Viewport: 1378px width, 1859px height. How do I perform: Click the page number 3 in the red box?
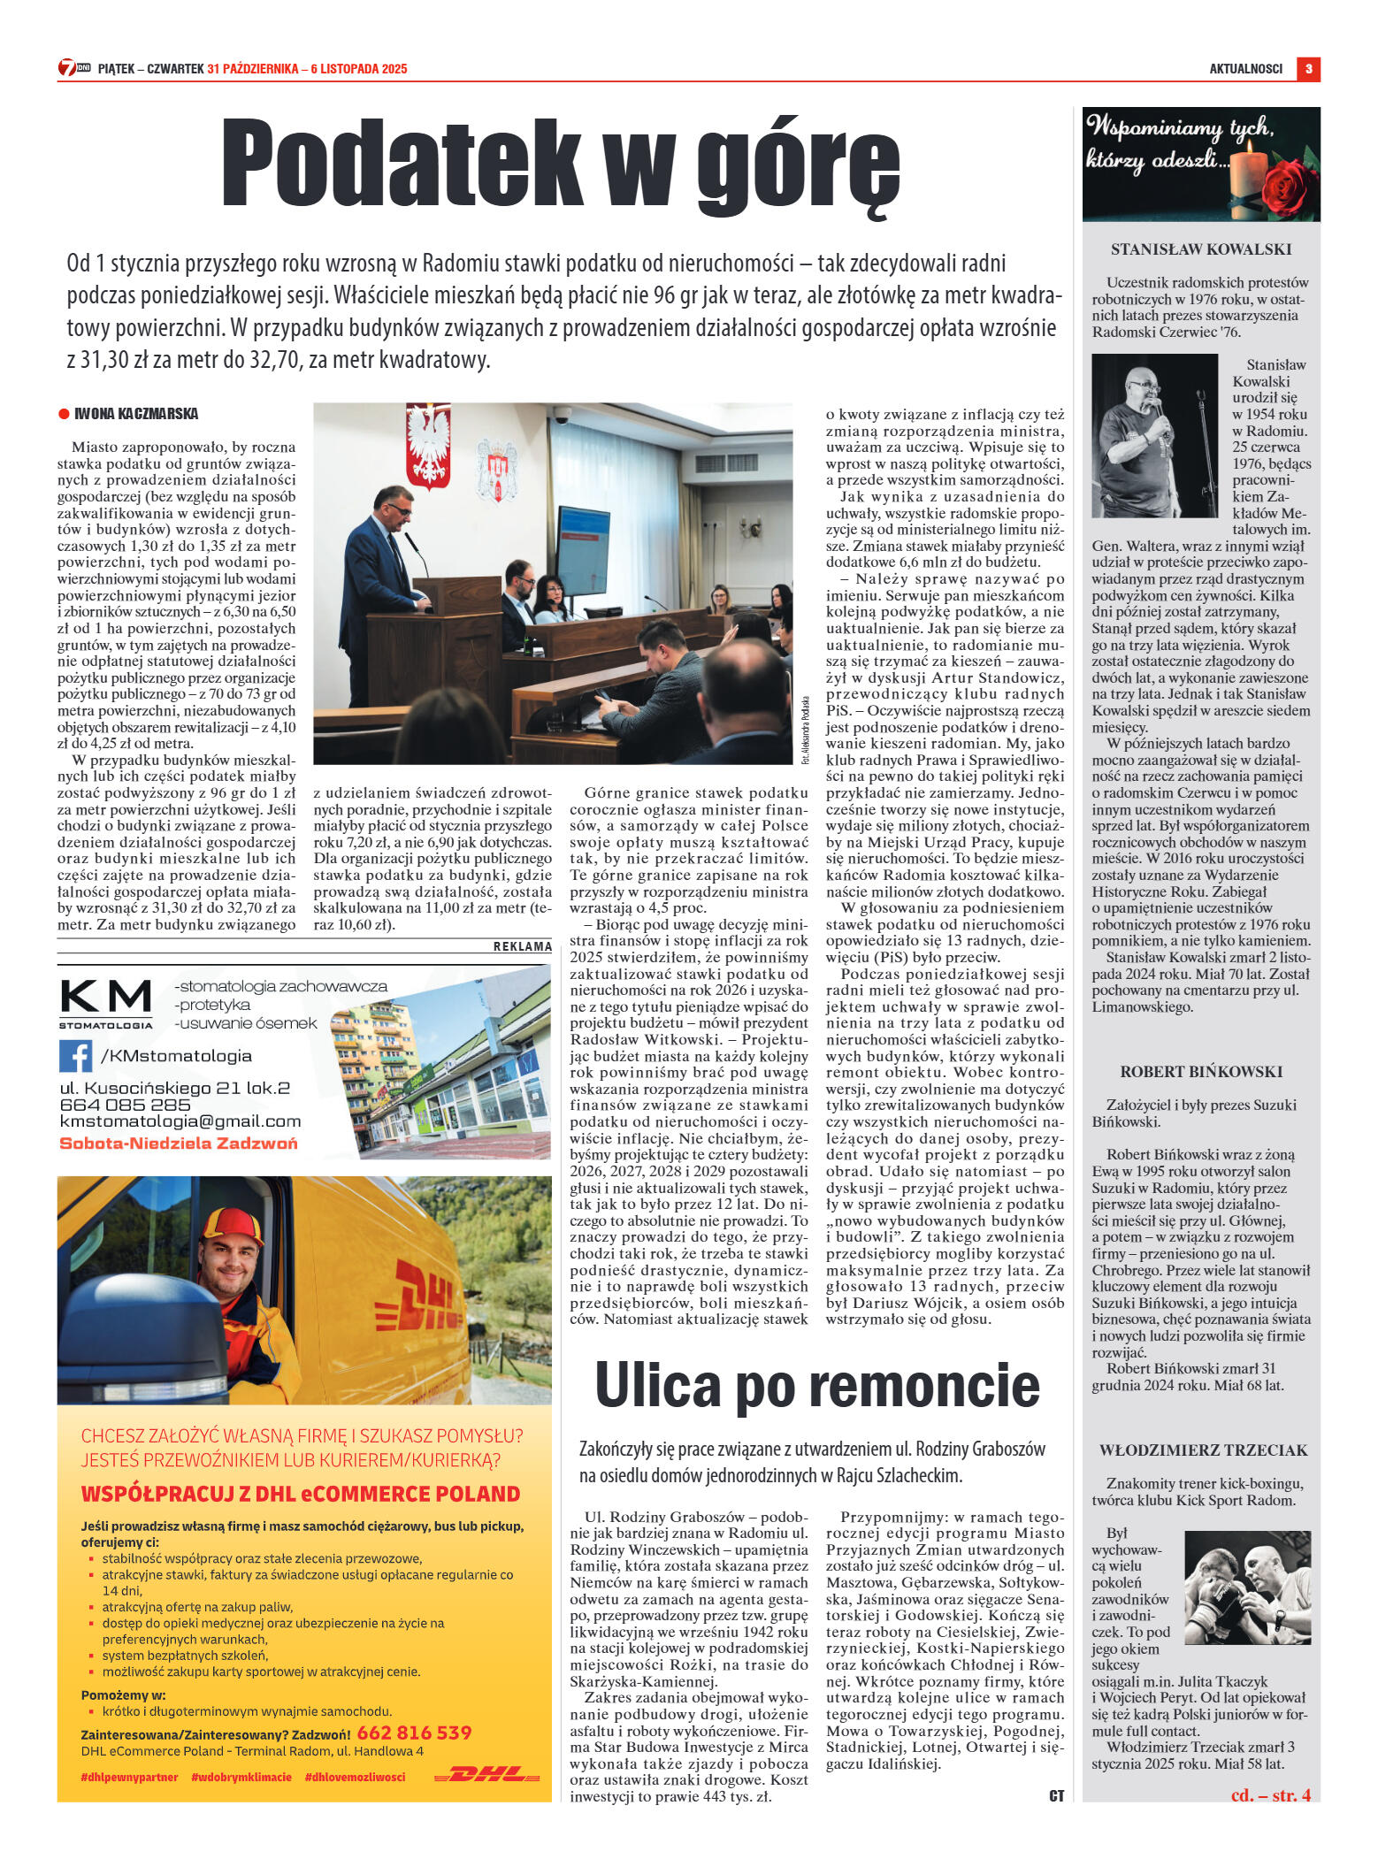click(x=1308, y=69)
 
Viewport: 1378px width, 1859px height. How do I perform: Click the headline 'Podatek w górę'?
click(x=561, y=165)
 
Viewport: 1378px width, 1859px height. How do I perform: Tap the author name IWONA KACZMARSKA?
click(x=135, y=414)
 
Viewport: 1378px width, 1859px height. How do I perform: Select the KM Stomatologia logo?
click(x=106, y=1003)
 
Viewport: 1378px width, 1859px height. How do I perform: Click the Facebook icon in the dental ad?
click(x=76, y=1056)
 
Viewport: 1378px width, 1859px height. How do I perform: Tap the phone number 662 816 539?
click(x=414, y=1733)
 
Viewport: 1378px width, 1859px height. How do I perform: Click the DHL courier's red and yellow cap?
click(x=232, y=1227)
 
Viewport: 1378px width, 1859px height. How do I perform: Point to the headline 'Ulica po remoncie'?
click(x=816, y=1386)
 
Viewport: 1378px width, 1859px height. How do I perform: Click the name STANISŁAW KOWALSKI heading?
click(x=1201, y=250)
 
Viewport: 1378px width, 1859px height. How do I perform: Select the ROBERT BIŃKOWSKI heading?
click(x=1201, y=1072)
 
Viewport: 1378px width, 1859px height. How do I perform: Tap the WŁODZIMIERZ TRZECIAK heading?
click(x=1203, y=1450)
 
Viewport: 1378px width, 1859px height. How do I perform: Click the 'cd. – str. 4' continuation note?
click(x=1270, y=1794)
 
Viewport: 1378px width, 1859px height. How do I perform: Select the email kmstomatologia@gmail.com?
click(x=180, y=1121)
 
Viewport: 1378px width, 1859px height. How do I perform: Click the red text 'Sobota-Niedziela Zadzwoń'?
click(x=178, y=1143)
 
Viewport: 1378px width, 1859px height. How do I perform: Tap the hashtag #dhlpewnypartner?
click(x=129, y=1777)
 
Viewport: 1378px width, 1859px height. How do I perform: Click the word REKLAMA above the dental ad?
click(x=522, y=946)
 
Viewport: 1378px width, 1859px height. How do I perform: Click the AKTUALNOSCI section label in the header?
click(x=1245, y=69)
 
